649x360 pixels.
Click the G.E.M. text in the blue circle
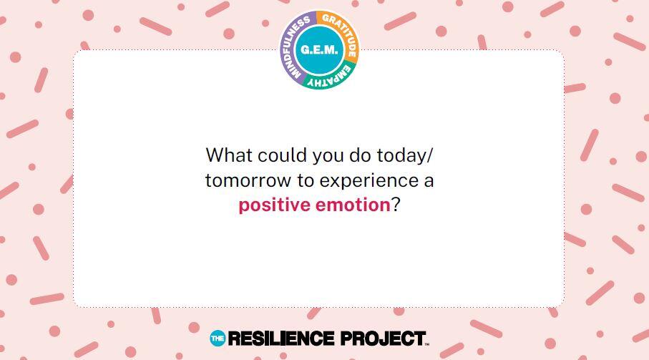tap(319, 49)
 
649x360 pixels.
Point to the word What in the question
tap(229, 155)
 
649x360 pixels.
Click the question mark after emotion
tap(396, 205)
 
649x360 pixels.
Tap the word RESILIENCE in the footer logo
tap(281, 339)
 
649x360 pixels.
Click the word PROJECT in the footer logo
tap(383, 339)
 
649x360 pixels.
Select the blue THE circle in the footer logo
tap(218, 339)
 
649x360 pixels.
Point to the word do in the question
tap(360, 155)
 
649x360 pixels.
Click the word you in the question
tap(328, 157)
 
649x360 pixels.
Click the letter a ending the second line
tap(429, 182)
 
